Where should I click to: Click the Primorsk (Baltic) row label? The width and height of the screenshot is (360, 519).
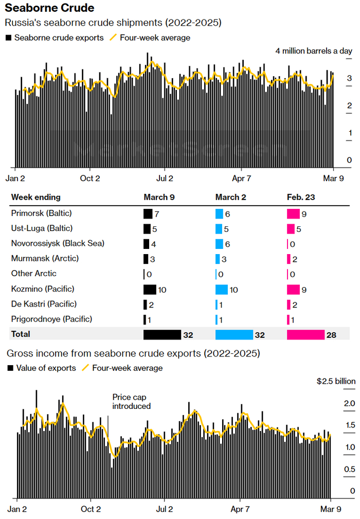[41, 213]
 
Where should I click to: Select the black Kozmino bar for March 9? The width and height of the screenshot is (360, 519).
[150, 289]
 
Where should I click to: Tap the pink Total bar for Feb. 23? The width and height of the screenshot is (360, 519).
[305, 335]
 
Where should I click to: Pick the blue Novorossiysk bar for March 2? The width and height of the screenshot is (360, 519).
[219, 244]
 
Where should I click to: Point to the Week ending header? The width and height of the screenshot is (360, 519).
[35, 197]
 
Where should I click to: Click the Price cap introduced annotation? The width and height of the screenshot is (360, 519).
[132, 401]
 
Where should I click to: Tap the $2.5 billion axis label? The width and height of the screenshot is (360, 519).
[336, 381]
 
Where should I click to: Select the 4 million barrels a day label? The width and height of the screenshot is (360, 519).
[314, 51]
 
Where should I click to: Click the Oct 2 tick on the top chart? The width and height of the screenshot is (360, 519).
[91, 178]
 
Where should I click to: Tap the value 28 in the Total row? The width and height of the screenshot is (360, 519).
[331, 335]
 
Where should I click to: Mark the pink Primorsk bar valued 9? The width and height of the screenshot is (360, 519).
[293, 213]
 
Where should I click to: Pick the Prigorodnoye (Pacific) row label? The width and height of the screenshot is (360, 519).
[51, 319]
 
